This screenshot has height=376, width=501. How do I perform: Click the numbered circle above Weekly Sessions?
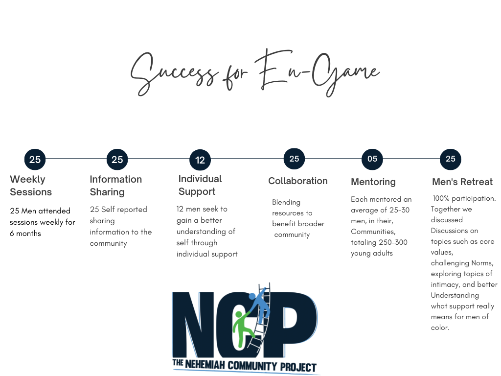35,160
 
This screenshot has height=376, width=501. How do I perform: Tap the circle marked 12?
200,160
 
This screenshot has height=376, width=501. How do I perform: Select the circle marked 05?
372,159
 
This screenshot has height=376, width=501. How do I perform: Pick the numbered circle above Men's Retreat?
451,159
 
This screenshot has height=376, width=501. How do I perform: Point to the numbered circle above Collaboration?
294,159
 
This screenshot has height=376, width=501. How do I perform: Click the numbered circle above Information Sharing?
117,160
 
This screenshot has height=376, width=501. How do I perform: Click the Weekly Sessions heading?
30,186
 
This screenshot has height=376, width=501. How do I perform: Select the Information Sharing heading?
115,186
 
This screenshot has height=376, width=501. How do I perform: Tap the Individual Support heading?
200,185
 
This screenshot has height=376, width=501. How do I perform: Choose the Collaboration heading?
297,181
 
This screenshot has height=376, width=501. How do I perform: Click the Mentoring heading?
373,182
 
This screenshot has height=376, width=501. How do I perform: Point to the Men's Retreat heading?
462,182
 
